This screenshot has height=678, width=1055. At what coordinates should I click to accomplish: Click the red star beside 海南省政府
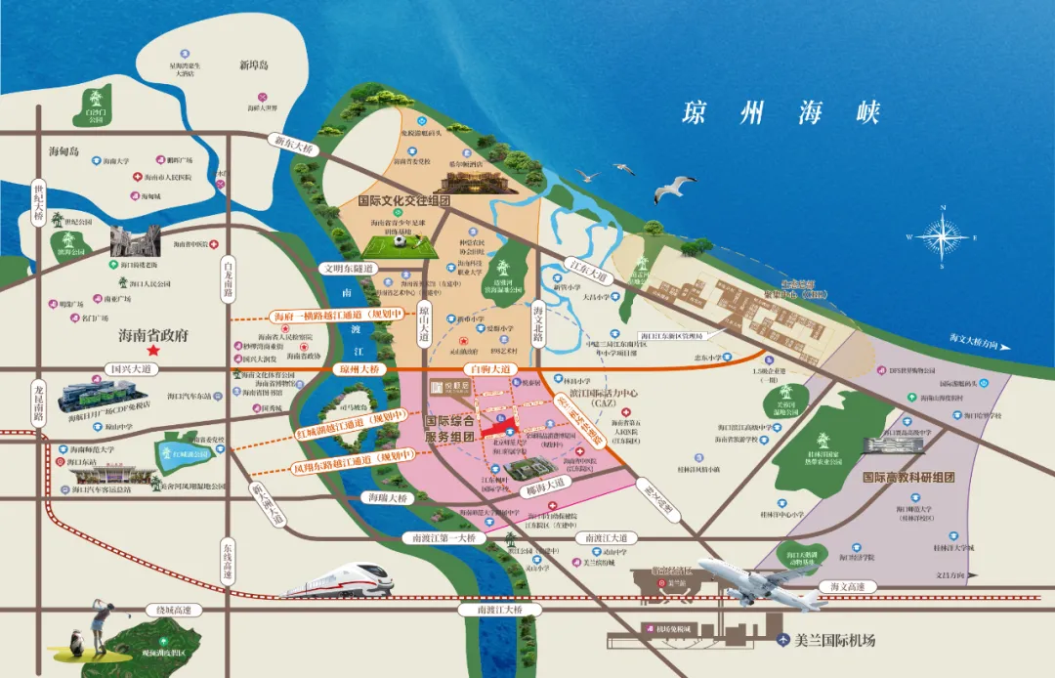151,350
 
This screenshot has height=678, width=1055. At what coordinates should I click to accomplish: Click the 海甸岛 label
67,151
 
